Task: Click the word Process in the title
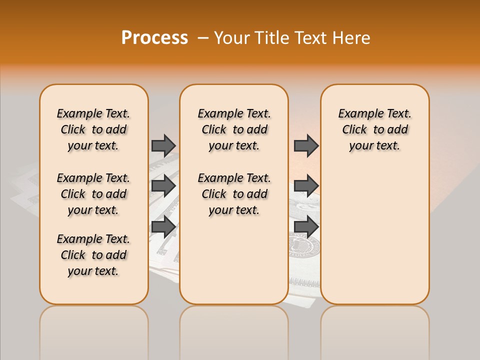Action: point(154,38)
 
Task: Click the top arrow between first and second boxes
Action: point(163,145)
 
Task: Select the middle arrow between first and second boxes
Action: point(163,186)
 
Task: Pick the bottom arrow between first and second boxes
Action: point(163,226)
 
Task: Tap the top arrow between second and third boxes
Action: point(306,145)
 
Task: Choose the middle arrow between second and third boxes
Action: point(306,186)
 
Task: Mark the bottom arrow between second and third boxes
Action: point(306,226)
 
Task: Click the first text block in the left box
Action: point(93,129)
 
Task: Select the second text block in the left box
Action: point(93,194)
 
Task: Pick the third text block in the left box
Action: point(93,255)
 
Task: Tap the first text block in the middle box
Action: point(234,129)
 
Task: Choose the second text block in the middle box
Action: point(234,194)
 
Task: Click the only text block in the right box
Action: point(374,129)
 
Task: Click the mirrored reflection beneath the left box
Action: point(94,330)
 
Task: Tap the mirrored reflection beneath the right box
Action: point(374,330)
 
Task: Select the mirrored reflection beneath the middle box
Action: point(234,330)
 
